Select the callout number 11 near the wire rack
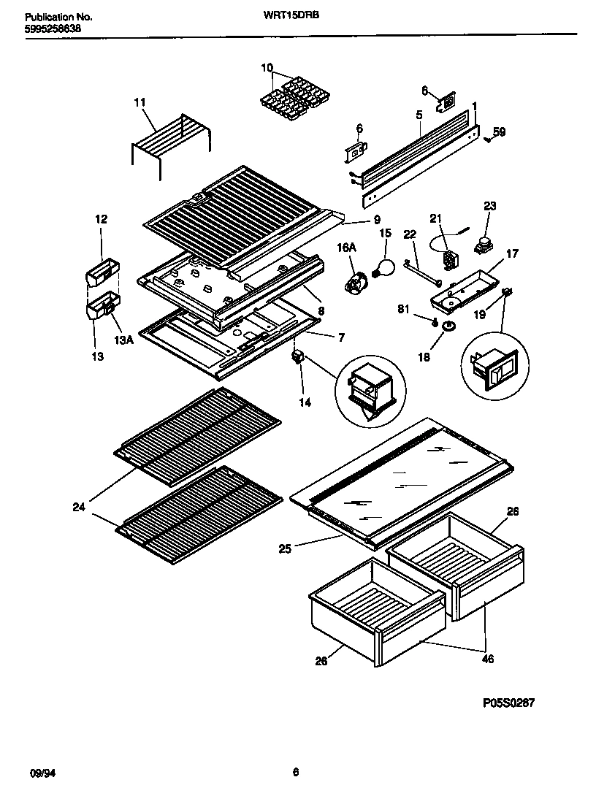[140, 103]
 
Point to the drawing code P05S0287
[509, 703]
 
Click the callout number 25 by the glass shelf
[285, 548]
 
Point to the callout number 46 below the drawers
[487, 659]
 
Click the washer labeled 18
[446, 324]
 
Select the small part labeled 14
[297, 359]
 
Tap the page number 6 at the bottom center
[295, 772]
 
